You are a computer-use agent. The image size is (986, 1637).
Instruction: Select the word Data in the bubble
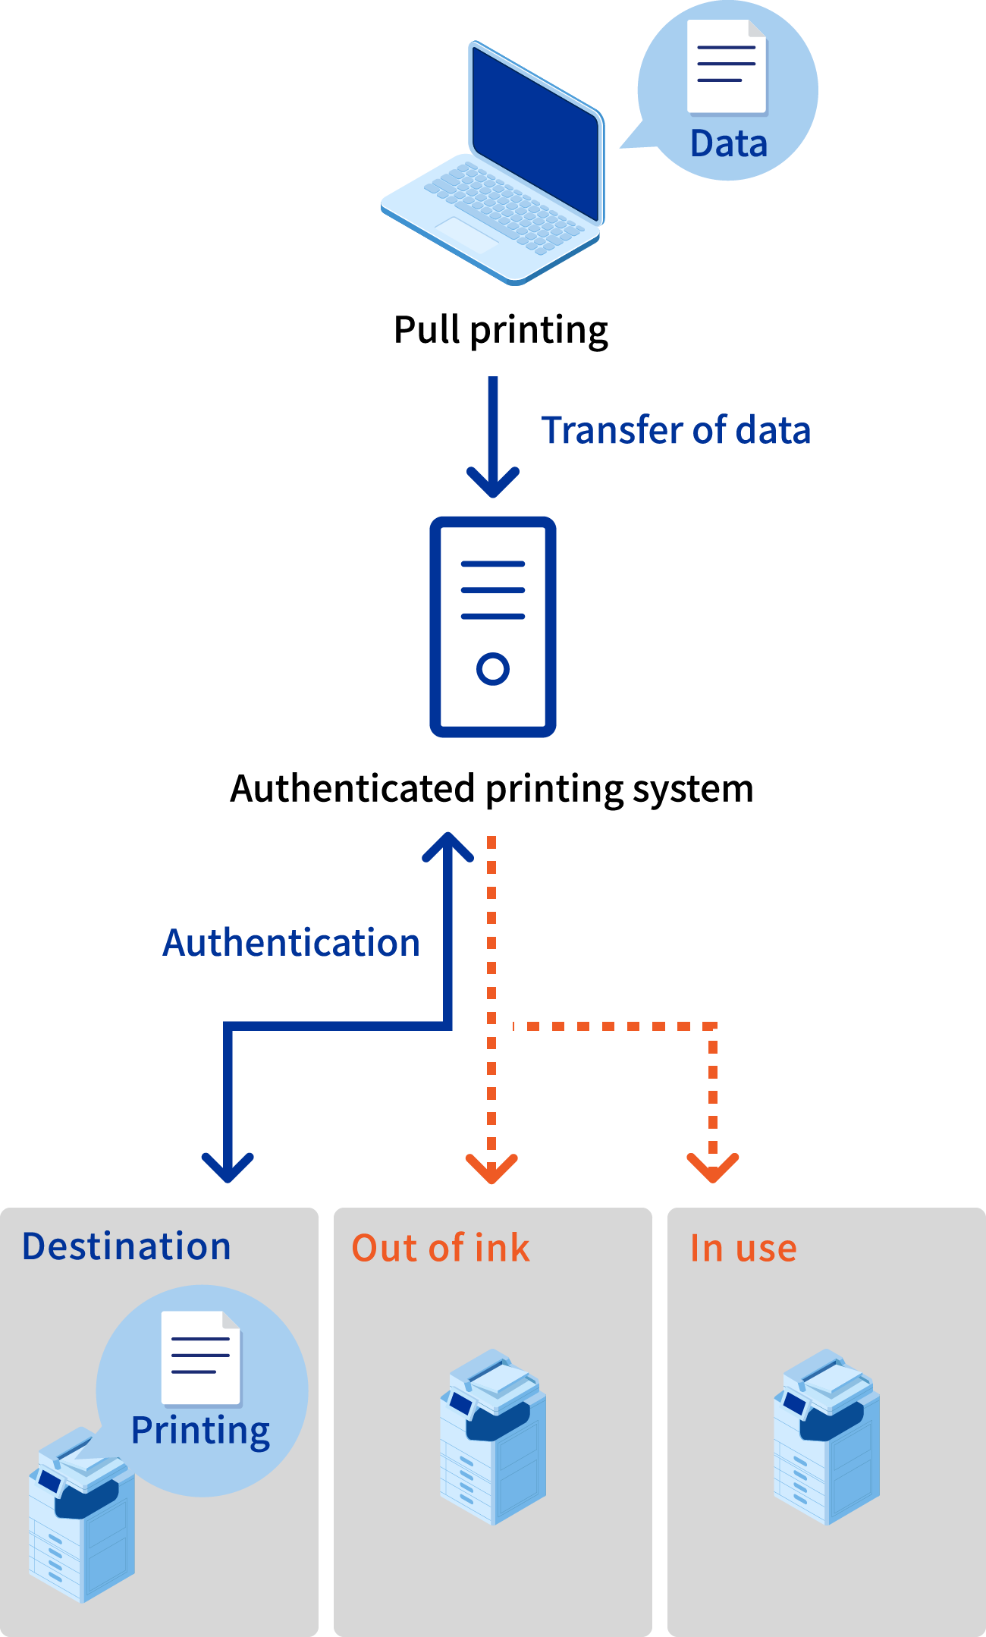729,144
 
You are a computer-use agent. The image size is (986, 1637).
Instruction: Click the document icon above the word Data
727,67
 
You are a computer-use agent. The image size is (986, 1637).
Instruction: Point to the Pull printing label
501,331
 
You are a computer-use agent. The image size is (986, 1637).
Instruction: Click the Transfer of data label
676,430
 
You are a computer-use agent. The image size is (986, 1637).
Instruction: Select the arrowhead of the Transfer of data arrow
493,482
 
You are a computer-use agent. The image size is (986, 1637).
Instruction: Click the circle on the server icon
493,669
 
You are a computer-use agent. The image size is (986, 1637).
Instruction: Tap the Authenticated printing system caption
491,789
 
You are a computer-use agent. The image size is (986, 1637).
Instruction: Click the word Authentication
291,943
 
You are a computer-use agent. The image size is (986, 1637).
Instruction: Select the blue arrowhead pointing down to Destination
228,1168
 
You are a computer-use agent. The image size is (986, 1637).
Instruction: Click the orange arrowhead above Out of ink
491,1169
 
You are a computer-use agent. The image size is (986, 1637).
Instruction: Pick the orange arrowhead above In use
713,1168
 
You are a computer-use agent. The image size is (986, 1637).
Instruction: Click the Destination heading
127,1246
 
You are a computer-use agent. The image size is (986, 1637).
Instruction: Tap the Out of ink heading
441,1248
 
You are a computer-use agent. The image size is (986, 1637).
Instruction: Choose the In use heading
743,1248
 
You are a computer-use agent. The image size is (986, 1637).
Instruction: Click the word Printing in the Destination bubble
201,1431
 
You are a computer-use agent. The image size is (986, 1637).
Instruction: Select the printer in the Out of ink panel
493,1437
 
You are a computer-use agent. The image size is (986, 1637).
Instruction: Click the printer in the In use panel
827,1437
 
